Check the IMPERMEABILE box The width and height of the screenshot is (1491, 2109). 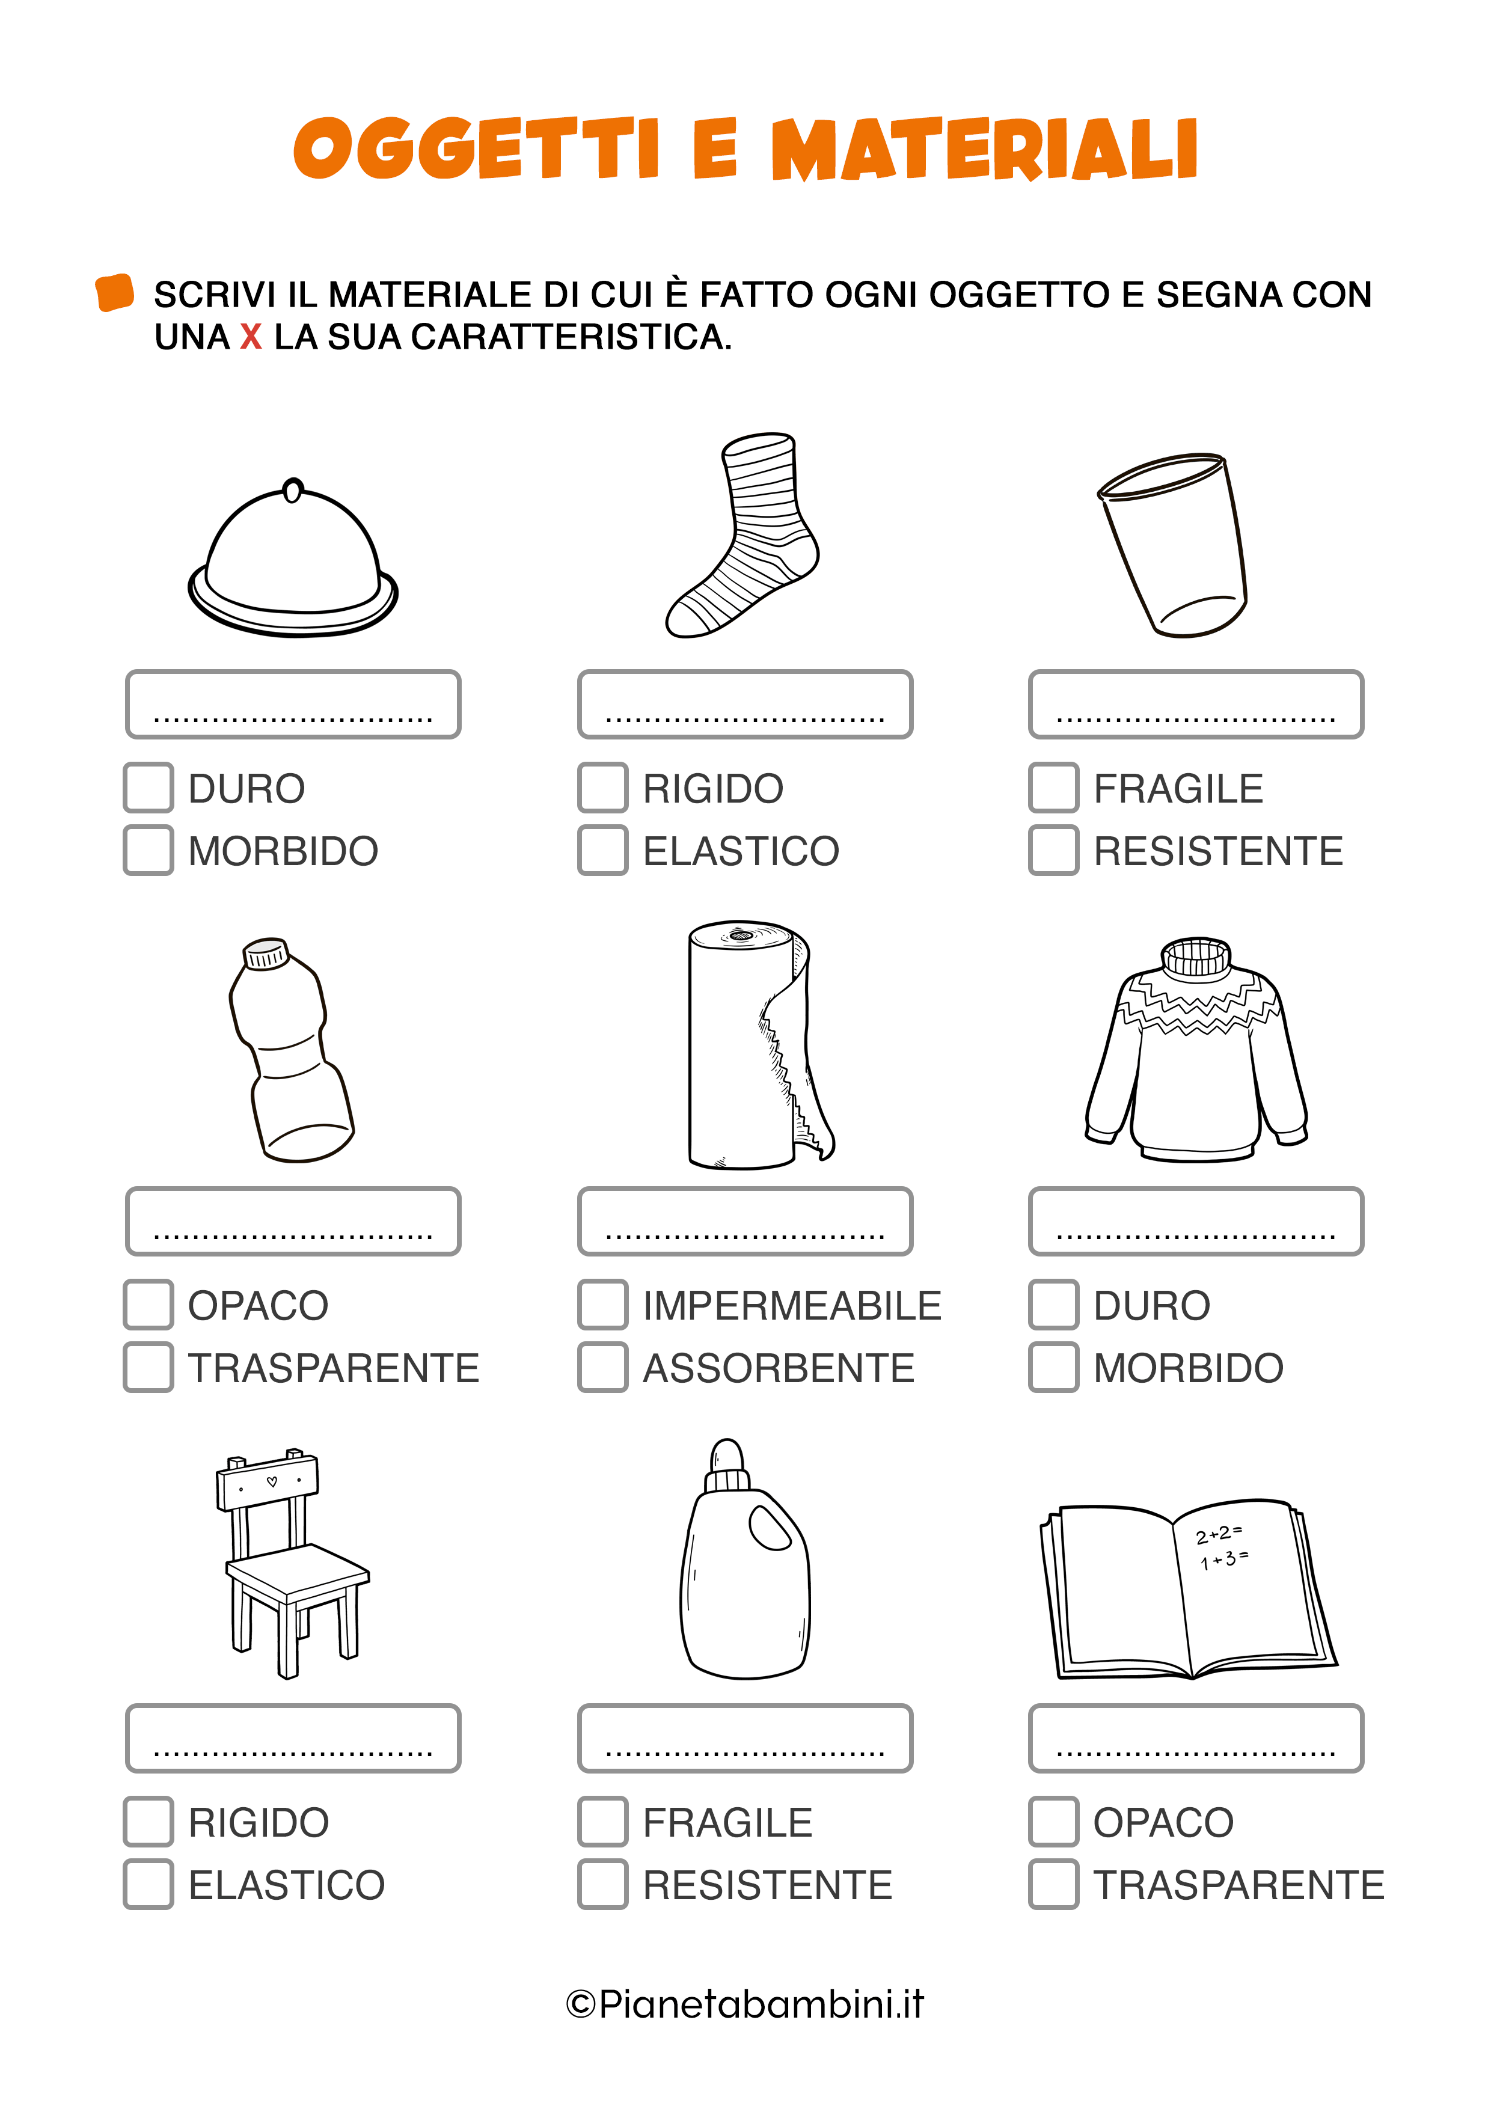pos(602,1305)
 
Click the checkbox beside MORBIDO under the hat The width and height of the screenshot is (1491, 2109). pos(149,849)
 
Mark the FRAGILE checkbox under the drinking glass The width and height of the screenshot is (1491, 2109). pos(1054,787)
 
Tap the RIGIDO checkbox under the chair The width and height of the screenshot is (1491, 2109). pos(149,1822)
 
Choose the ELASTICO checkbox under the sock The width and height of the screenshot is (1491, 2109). pos(602,849)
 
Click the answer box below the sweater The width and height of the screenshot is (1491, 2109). pos(1196,1221)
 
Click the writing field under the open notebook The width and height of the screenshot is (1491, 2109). pos(1196,1738)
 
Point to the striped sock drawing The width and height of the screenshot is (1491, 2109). pos(742,534)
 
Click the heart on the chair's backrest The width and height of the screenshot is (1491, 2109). pos(272,1481)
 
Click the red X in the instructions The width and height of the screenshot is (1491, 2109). pos(251,337)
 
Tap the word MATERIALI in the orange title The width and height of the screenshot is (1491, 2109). pos(985,149)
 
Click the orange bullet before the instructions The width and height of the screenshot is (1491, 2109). pos(115,292)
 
